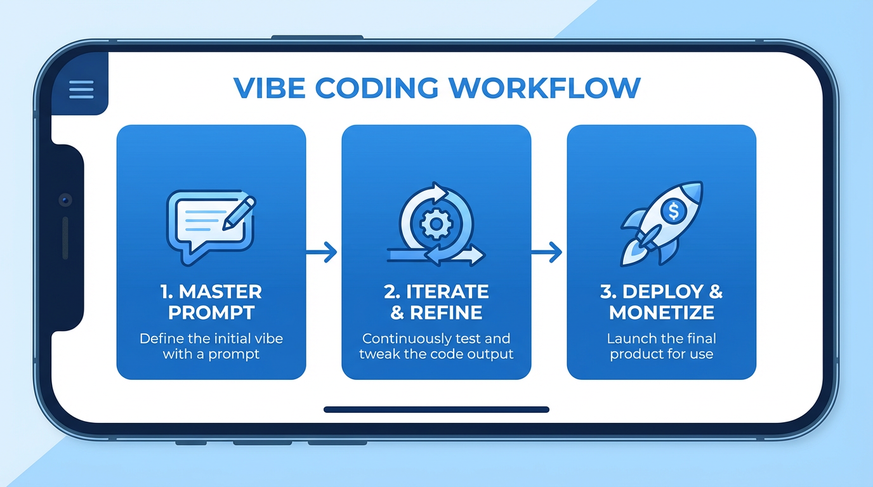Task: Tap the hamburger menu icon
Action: [81, 89]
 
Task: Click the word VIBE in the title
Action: [269, 88]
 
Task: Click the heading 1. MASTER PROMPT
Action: [211, 302]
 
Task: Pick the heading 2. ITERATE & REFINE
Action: [436, 302]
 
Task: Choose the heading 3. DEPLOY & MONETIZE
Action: [661, 302]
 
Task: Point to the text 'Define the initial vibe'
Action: [211, 338]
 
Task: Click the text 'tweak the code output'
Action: [436, 354]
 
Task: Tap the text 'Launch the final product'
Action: [661, 346]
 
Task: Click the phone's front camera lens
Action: [65, 200]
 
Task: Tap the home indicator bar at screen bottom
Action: [436, 410]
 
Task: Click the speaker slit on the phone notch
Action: [65, 238]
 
